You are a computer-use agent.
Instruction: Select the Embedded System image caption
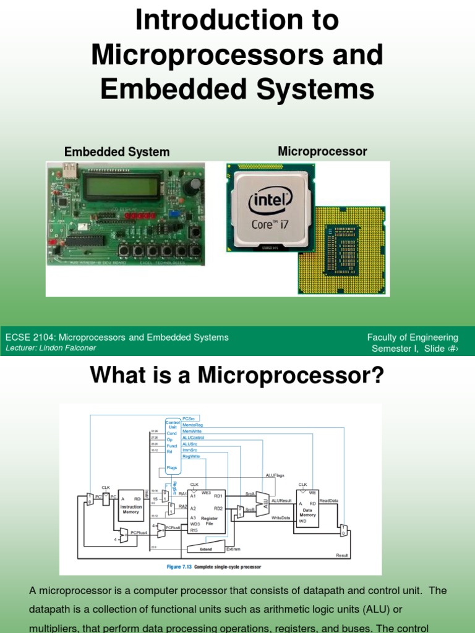coord(117,152)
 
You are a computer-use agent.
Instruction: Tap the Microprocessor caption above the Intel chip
coord(322,151)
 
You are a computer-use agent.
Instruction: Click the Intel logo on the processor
coord(270,203)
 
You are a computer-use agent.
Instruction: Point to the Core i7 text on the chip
coord(270,224)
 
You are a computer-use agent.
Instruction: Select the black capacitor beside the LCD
coord(196,185)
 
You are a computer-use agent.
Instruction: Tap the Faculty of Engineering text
coord(413,338)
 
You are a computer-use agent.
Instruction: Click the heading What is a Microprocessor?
coord(237,375)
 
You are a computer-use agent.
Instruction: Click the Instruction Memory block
coord(131,508)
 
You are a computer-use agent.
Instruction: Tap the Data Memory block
coord(308,508)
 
